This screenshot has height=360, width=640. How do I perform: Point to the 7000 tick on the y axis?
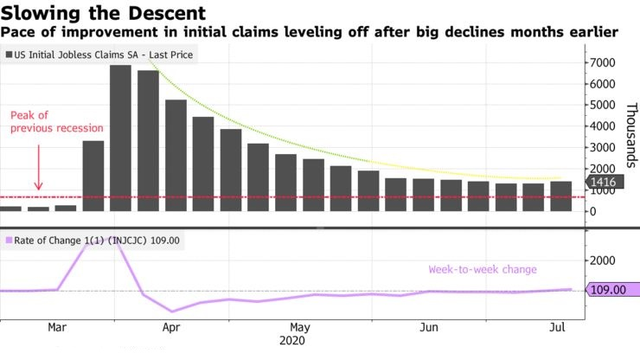tap(603, 63)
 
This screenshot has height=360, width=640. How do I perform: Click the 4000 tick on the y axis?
tap(603, 126)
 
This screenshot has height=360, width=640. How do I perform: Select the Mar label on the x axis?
tap(58, 328)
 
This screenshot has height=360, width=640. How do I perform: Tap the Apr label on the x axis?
tap(171, 328)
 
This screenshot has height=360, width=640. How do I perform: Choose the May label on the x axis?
tap(300, 328)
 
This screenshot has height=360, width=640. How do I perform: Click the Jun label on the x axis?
tap(427, 328)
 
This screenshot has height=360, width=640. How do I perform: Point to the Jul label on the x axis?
tap(558, 328)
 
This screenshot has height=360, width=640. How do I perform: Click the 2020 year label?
tap(293, 343)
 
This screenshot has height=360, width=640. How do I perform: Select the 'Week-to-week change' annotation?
tap(483, 269)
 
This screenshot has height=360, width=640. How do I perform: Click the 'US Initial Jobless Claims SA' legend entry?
tap(102, 55)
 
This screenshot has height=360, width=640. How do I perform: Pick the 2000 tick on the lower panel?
tap(603, 260)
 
